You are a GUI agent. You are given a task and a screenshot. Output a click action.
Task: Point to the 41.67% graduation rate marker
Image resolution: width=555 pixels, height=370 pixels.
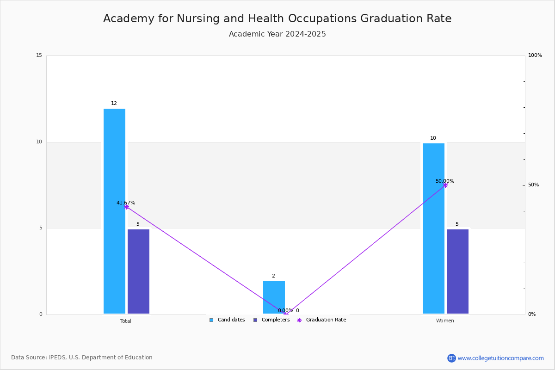click(126, 207)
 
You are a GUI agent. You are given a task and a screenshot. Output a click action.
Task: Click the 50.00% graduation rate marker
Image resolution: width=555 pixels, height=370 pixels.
click(445, 185)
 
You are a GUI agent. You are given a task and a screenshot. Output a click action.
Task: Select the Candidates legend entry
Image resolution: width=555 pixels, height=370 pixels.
click(227, 320)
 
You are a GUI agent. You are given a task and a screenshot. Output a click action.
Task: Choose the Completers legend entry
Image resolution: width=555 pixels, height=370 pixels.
click(271, 320)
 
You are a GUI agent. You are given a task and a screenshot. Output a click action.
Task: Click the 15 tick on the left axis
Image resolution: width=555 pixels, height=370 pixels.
click(39, 55)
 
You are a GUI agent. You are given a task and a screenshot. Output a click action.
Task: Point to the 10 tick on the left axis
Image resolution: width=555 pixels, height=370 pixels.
click(39, 142)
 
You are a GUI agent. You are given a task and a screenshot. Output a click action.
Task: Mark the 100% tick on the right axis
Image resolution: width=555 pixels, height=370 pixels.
click(535, 55)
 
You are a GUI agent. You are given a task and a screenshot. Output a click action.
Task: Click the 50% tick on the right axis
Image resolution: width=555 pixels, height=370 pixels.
click(534, 185)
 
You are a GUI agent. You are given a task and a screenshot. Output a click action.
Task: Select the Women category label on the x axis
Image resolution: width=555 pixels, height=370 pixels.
click(445, 321)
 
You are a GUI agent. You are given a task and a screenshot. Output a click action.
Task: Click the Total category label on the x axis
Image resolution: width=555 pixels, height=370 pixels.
click(126, 321)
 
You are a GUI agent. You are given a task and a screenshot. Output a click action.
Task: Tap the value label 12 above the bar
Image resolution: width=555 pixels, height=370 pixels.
click(114, 104)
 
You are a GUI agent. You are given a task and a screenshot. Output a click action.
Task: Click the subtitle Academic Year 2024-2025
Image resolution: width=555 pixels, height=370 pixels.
click(277, 34)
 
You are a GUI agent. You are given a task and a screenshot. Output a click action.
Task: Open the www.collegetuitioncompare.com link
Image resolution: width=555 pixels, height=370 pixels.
click(500, 358)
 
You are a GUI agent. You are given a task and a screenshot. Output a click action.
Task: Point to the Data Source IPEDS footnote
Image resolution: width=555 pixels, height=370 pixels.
click(82, 358)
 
